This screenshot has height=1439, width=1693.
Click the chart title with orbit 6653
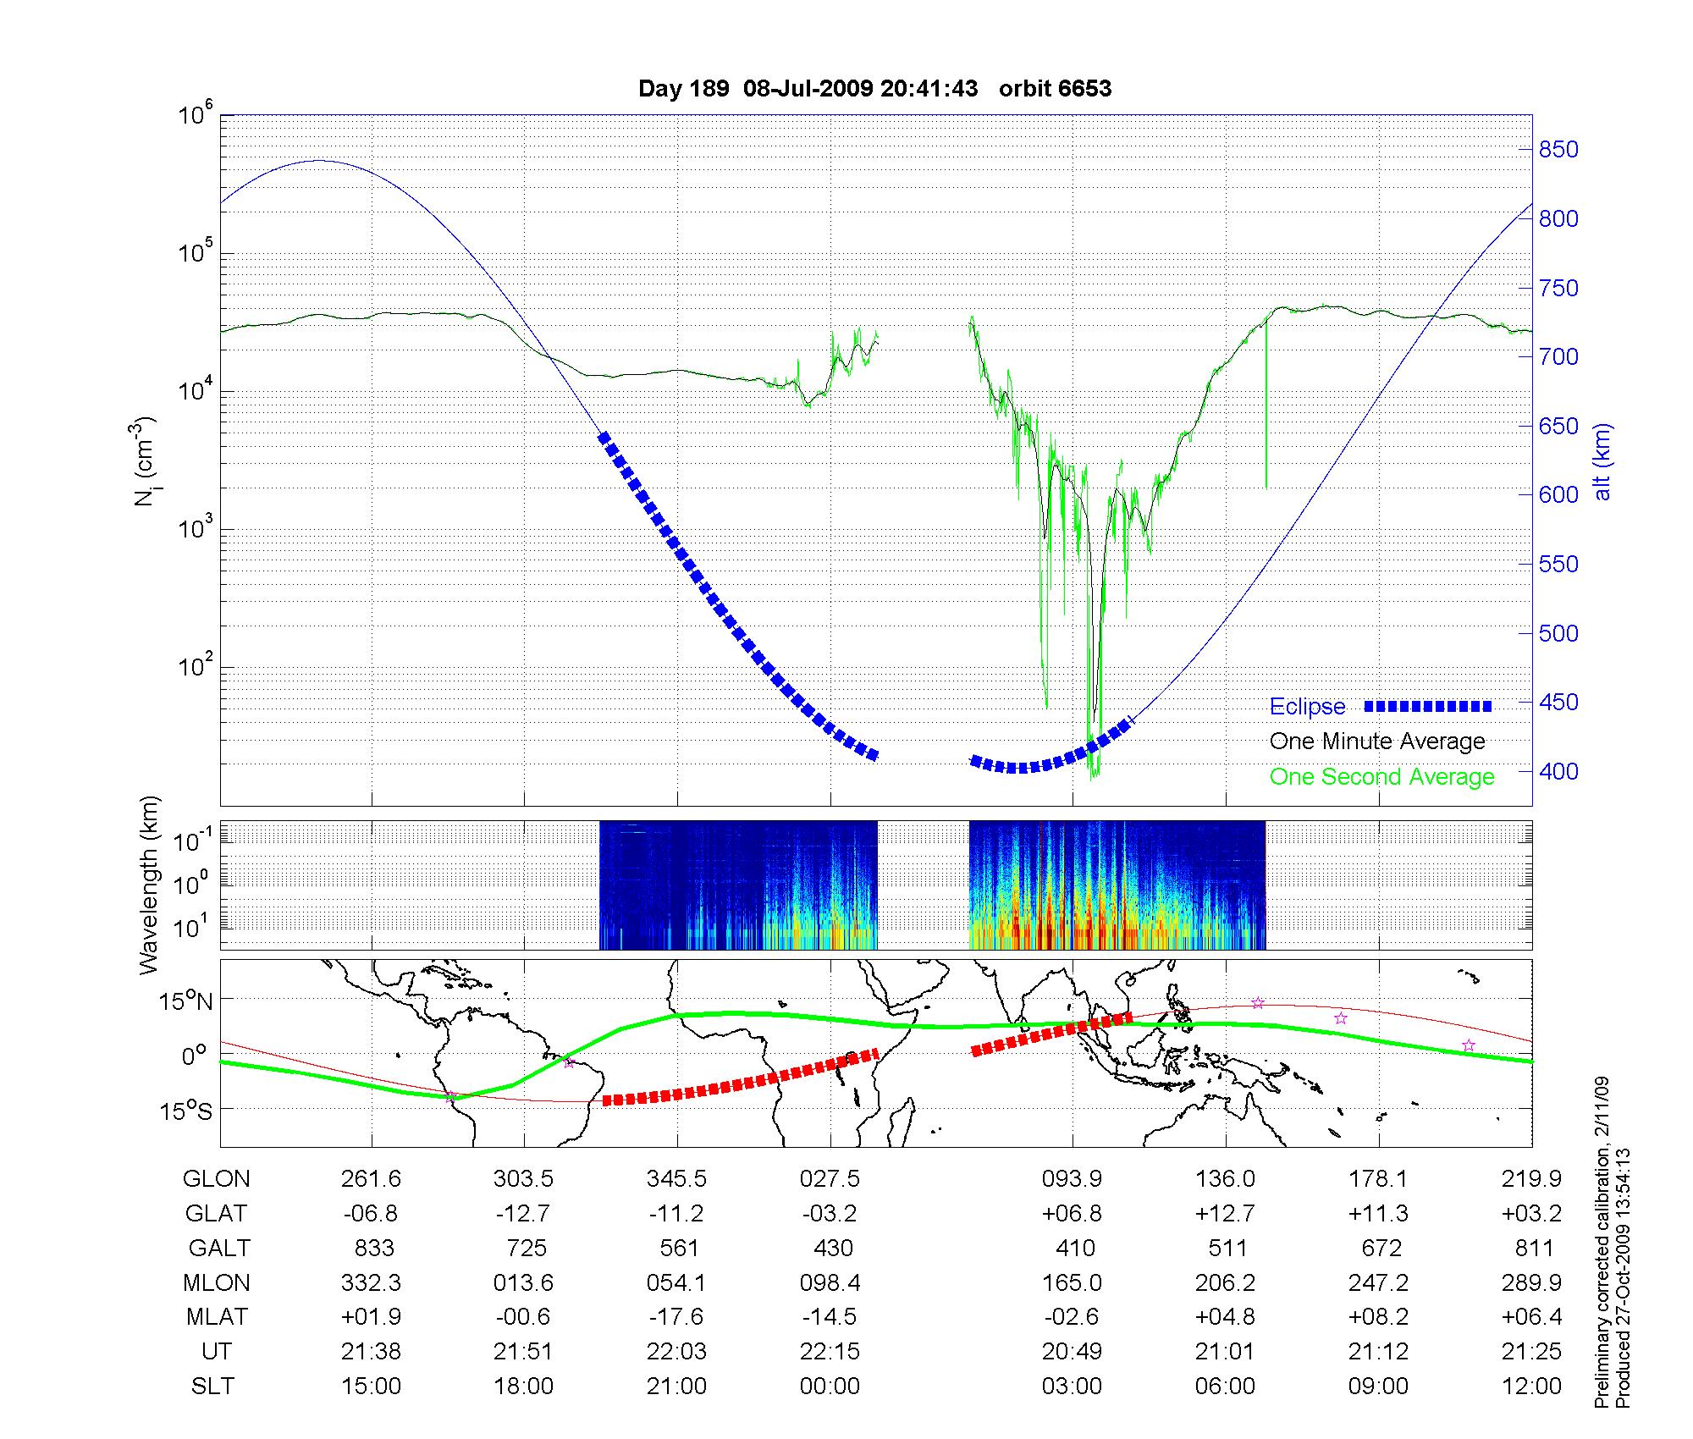point(874,89)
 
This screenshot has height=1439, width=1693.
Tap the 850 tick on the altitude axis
point(1558,150)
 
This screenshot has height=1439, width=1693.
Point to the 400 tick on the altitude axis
point(1558,771)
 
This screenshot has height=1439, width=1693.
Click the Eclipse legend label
point(1307,707)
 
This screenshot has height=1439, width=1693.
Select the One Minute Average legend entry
point(1377,742)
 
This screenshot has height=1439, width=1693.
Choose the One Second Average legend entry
point(1381,777)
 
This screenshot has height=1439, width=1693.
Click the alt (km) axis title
point(1602,461)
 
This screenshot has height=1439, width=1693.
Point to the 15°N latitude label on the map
point(186,1002)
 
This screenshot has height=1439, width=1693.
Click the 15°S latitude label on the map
point(186,1111)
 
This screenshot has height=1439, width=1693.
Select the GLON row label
point(217,1179)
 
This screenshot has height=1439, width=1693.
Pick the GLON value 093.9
point(1072,1179)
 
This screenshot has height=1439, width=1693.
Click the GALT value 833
point(373,1249)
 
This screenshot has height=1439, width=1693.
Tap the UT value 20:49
point(1072,1352)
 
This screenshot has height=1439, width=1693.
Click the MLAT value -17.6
point(676,1317)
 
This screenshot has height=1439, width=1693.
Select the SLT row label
point(212,1387)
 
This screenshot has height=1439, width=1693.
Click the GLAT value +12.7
point(1225,1214)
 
